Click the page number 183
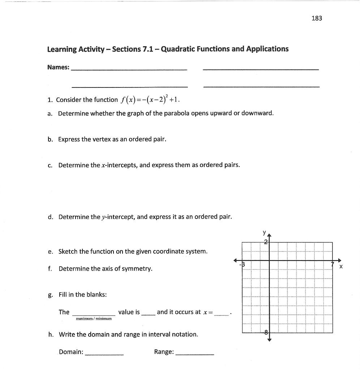[316, 18]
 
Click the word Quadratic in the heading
[177, 49]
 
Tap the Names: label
[58, 67]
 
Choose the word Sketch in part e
[68, 251]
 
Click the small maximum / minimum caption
[94, 319]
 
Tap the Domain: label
[71, 352]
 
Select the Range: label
[164, 352]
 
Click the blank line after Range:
[194, 354]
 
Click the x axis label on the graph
[340, 267]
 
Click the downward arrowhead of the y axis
[269, 339]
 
